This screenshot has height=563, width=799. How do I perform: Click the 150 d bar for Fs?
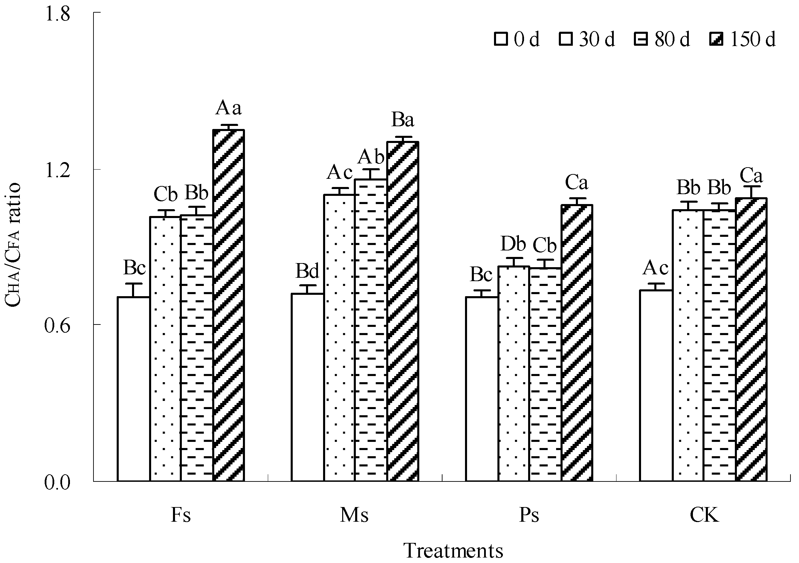click(x=229, y=305)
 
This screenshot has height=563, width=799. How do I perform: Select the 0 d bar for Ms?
click(x=308, y=387)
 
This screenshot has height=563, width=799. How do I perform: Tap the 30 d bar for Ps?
click(x=514, y=374)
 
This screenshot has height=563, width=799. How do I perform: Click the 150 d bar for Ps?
click(x=577, y=343)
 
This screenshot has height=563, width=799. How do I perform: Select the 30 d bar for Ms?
click(x=339, y=338)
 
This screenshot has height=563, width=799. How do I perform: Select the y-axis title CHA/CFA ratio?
click(x=13, y=246)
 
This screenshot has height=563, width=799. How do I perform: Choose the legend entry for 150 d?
click(x=743, y=39)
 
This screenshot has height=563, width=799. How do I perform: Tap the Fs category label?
click(x=180, y=515)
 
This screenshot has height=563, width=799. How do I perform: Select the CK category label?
click(x=704, y=515)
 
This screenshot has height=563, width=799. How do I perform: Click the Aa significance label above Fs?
click(x=228, y=108)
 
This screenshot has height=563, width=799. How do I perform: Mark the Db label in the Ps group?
click(x=513, y=244)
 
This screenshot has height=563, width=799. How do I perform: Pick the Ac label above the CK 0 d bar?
click(x=655, y=268)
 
